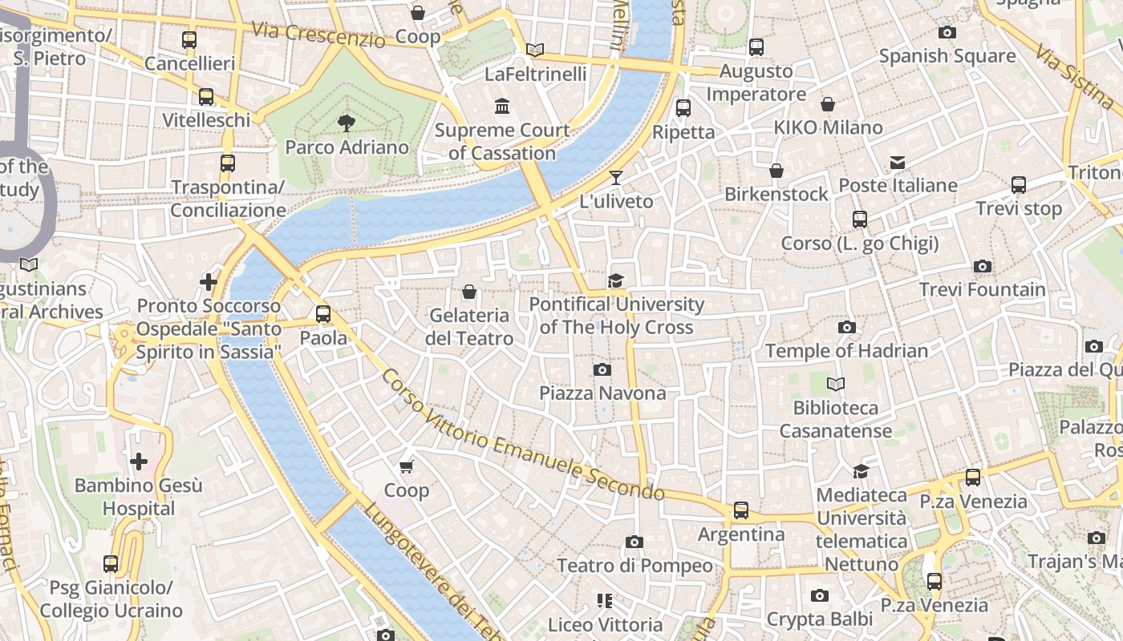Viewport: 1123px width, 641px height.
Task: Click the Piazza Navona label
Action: (602, 393)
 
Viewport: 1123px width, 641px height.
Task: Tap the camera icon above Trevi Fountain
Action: (982, 266)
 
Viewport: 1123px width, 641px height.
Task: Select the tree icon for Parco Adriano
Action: (347, 123)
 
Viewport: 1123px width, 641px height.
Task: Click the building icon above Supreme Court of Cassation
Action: (502, 106)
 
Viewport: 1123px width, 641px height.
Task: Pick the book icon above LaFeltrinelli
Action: (535, 50)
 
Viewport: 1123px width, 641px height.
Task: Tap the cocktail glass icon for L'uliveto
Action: (615, 177)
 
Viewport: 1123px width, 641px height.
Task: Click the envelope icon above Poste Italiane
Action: (898, 163)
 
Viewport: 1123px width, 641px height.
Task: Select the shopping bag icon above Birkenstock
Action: (776, 171)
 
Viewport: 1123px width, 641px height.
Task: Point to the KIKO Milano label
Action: (828, 127)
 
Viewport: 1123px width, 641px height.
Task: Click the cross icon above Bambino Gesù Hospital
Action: (139, 462)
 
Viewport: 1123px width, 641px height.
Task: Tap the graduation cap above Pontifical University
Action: (615, 280)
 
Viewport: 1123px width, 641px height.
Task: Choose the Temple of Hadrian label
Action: (846, 351)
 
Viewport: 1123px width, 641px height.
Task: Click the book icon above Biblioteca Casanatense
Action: (836, 385)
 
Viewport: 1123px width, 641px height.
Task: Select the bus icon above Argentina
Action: (741, 510)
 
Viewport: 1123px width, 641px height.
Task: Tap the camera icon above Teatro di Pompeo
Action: (634, 542)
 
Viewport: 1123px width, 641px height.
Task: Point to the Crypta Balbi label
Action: (819, 619)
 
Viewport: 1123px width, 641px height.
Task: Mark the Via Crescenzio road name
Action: (318, 34)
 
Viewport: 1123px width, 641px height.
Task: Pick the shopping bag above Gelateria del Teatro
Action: (469, 292)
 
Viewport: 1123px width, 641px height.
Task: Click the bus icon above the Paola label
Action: (323, 314)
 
